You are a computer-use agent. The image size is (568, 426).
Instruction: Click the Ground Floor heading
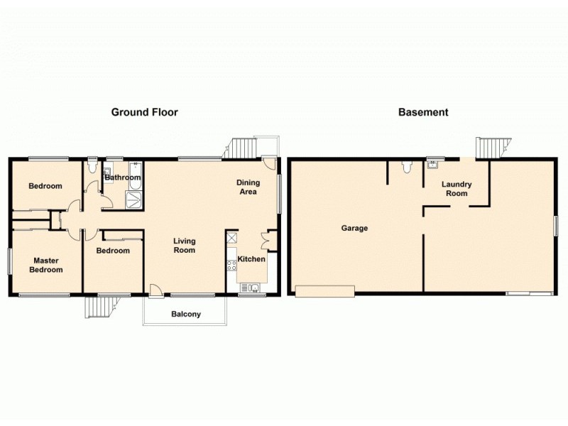click(x=144, y=112)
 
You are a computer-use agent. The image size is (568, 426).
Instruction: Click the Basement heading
click(x=423, y=112)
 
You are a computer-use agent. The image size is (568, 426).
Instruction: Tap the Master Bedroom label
click(x=45, y=265)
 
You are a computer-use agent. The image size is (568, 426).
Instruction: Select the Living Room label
click(x=185, y=246)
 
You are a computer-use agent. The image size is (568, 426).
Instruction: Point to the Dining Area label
click(x=248, y=187)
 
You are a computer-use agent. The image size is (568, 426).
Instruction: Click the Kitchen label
click(x=251, y=259)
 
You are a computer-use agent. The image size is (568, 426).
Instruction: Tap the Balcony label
click(x=186, y=314)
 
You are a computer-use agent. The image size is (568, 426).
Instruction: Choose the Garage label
click(x=354, y=228)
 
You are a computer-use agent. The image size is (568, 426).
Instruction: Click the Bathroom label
click(x=123, y=177)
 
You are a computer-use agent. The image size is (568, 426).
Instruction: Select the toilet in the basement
click(x=405, y=167)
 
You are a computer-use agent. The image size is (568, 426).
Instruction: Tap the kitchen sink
click(x=250, y=287)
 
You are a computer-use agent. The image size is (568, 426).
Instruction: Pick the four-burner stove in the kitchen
click(x=231, y=266)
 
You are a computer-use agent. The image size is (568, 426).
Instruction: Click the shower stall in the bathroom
click(x=133, y=200)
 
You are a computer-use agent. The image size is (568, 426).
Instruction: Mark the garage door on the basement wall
click(x=325, y=290)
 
